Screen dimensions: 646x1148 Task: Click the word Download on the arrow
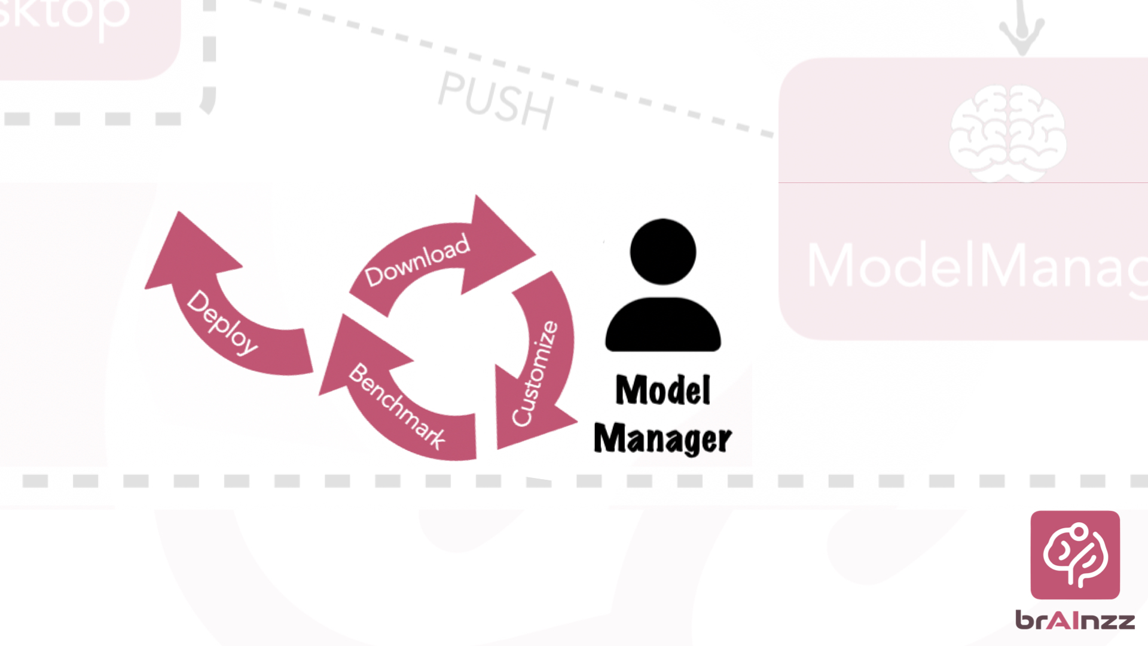tap(417, 260)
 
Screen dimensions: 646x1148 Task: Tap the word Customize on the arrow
tap(535, 373)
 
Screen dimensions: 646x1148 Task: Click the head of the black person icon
tap(662, 252)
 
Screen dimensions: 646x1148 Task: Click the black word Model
tap(662, 391)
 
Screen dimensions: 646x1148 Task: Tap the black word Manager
tap(662, 438)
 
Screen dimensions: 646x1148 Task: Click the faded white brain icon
tap(1008, 133)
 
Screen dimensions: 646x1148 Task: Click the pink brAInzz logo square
tap(1075, 554)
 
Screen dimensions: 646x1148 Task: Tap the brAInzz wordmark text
tap(1075, 620)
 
